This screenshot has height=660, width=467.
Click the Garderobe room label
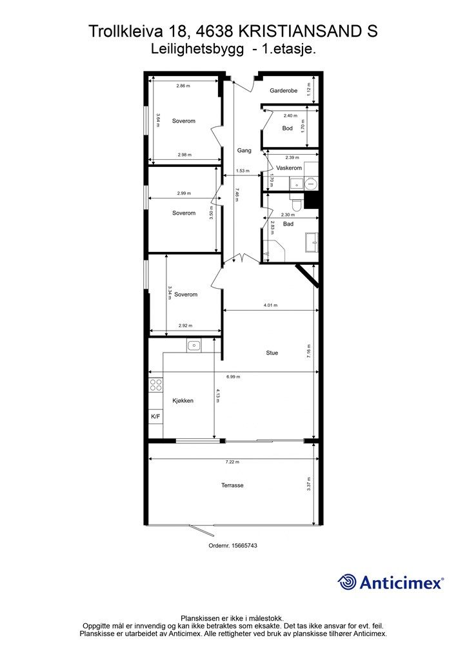point(283,90)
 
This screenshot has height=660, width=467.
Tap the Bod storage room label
point(287,128)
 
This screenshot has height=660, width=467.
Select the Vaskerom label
point(289,168)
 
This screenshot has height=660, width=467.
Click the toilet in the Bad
point(297,203)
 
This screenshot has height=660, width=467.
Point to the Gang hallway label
point(244,150)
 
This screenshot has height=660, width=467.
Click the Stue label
point(272,353)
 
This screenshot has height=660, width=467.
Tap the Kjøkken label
point(183,401)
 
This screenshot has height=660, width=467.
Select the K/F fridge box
point(156,416)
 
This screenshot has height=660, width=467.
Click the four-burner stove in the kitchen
point(156,385)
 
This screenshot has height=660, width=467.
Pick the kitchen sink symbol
point(194,345)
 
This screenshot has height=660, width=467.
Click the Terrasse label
point(232,485)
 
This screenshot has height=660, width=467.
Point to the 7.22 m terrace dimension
point(232,461)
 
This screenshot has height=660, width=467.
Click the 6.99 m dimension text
point(234,376)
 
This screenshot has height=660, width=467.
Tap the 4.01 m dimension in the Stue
point(270,305)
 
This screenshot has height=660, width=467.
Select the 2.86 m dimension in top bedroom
point(183,86)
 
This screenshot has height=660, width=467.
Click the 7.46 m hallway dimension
point(237,195)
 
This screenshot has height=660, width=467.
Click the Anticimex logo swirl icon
point(346,582)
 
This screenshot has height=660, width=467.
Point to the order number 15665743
point(233,545)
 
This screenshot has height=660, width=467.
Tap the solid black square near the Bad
point(312,200)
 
